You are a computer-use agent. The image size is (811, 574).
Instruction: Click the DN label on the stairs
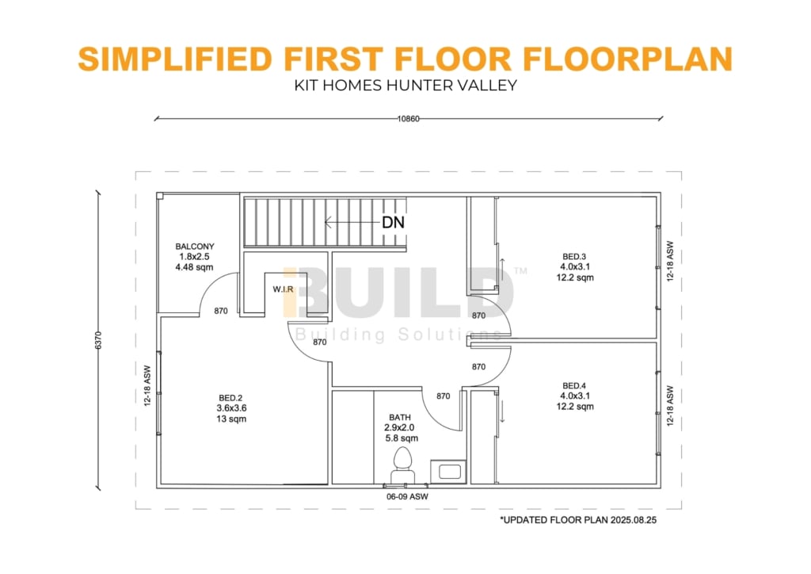[393, 223]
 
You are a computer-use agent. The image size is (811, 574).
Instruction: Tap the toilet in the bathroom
[402, 466]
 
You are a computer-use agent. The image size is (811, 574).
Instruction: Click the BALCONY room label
[195, 247]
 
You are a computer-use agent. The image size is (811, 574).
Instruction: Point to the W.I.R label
[283, 289]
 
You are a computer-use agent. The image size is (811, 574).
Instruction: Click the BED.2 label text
[230, 397]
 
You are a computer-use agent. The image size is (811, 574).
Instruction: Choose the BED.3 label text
[574, 256]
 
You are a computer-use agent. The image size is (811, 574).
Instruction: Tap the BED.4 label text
[574, 385]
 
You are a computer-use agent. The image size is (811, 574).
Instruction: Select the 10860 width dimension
[408, 119]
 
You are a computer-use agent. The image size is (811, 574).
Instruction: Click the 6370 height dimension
[99, 340]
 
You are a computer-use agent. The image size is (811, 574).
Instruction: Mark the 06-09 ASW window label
[408, 496]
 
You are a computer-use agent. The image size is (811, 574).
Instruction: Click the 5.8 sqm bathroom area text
[402, 438]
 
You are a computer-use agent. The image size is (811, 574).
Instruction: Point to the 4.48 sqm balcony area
[195, 267]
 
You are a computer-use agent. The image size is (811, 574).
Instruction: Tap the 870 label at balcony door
[221, 311]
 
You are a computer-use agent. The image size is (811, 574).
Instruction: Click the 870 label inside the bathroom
[444, 396]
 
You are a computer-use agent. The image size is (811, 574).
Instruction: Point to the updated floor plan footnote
[578, 519]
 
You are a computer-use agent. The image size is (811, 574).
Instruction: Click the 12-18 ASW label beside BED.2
[147, 385]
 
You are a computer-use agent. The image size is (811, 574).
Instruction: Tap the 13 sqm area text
[231, 419]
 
